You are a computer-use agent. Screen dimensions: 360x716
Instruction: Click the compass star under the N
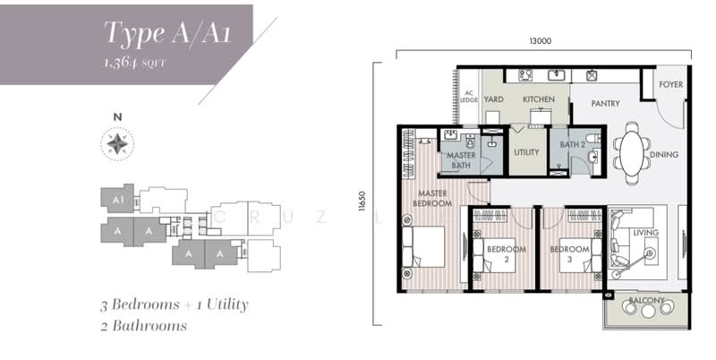pos(116,143)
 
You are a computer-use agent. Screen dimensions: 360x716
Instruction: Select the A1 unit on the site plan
pos(115,198)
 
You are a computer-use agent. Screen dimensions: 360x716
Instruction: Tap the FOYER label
pos(671,85)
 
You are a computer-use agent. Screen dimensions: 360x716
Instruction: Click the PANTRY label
pos(605,104)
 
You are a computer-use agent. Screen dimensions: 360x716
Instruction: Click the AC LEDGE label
pos(468,96)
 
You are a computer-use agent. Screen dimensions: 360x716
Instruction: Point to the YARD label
pos(493,99)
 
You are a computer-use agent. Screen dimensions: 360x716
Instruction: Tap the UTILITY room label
pos(526,152)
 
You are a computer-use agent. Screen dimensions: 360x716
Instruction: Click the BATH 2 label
pos(573,143)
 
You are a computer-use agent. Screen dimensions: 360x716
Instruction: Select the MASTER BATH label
pos(461,159)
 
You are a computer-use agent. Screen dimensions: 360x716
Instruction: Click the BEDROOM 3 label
pos(567,253)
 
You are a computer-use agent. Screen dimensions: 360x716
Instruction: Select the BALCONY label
pos(645,300)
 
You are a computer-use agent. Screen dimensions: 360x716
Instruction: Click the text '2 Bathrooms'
pos(144,326)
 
